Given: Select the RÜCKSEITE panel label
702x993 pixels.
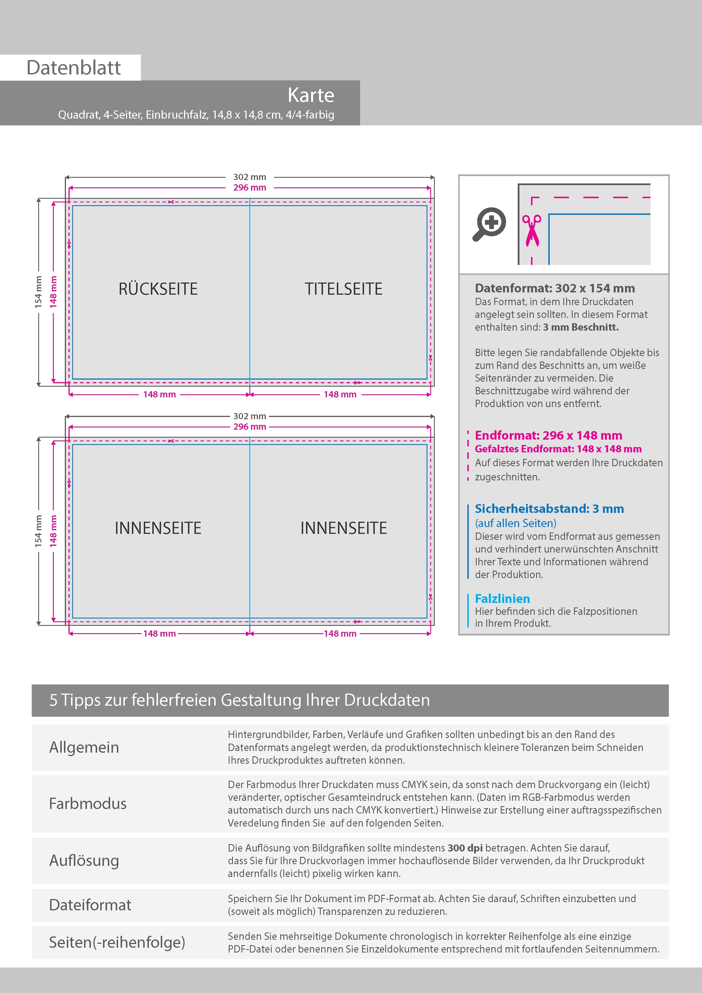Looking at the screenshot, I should (158, 289).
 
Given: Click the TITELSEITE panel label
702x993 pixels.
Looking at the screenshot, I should (343, 289).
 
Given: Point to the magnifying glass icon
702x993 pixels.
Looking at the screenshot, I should (489, 224).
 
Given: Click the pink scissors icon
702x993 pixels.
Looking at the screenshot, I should (532, 230).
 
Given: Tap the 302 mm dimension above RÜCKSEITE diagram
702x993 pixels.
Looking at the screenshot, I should (250, 177).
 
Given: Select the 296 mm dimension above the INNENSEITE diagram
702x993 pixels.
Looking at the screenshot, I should (250, 427).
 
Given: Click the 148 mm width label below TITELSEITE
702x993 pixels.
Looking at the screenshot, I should (340, 394).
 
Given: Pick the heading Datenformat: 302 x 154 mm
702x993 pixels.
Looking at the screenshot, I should (555, 288).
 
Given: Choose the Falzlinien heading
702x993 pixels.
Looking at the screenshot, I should (502, 599).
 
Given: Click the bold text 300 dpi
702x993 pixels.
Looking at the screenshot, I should (465, 848).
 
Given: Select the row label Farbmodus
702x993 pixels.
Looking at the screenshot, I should (88, 804).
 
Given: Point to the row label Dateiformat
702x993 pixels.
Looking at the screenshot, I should (90, 905).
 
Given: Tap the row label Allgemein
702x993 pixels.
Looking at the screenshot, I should (84, 747).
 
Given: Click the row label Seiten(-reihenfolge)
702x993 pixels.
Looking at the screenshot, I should (117, 942).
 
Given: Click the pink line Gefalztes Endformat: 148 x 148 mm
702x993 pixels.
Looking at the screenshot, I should (558, 449).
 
